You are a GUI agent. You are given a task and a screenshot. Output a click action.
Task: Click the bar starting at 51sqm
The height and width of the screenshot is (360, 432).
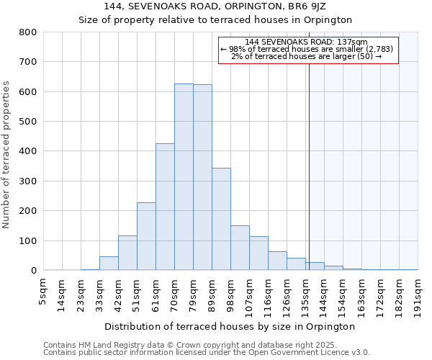pyautogui.click(x=146, y=237)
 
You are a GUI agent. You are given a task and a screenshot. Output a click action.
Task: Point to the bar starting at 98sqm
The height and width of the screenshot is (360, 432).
pyautogui.click(x=240, y=248)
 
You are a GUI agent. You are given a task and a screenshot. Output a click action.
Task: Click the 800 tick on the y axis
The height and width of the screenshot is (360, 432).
pyautogui.click(x=27, y=32)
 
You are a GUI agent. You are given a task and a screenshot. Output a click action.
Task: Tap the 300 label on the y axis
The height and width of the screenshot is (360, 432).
pyautogui.click(x=27, y=181)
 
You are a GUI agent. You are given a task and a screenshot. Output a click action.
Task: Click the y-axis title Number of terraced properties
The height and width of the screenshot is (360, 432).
pyautogui.click(x=7, y=155)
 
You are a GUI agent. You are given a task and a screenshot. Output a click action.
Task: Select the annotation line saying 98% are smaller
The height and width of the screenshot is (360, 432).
pyautogui.click(x=307, y=49)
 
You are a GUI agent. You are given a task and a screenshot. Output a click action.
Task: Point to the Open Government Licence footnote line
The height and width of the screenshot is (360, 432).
pyautogui.click(x=207, y=353)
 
